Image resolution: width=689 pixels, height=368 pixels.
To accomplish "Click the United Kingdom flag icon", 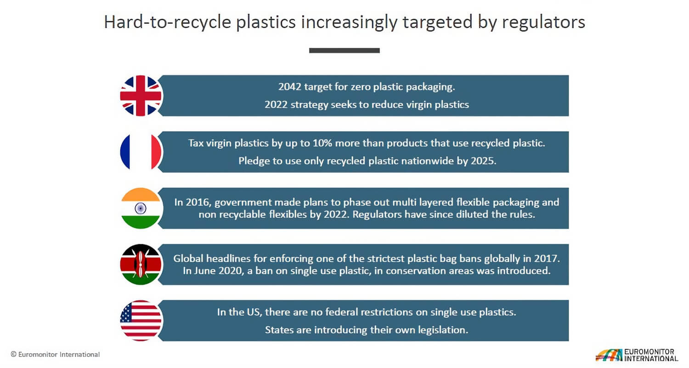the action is [x=141, y=96].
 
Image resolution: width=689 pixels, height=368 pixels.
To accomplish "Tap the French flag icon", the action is [x=141, y=152].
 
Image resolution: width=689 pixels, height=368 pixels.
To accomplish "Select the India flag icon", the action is [x=141, y=208].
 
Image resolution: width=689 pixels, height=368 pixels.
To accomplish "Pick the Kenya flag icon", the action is [x=141, y=264].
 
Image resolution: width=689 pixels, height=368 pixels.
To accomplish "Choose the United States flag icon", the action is [x=141, y=321].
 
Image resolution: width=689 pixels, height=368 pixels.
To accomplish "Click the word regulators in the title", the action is [x=543, y=22].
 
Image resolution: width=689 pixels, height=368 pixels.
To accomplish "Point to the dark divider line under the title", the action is [x=344, y=51].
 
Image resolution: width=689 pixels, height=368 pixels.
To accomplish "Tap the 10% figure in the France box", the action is [x=322, y=143].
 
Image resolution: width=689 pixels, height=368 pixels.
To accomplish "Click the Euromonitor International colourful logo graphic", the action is [x=609, y=355].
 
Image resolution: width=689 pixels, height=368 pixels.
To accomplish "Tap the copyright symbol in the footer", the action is [x=13, y=355].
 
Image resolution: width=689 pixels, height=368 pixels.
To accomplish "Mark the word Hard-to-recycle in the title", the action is [x=168, y=22].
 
